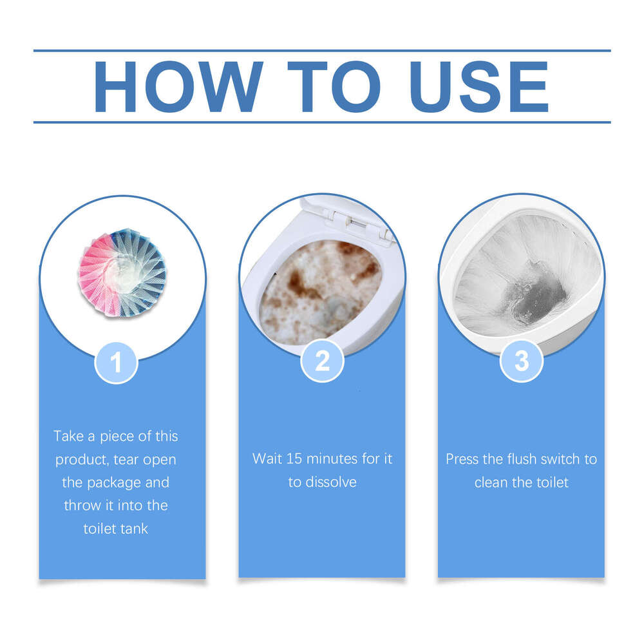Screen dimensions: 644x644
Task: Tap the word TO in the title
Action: click(x=334, y=87)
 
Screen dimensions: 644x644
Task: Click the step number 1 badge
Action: click(x=116, y=362)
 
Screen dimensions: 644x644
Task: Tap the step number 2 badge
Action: click(x=322, y=362)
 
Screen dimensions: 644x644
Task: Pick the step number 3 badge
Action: click(x=522, y=362)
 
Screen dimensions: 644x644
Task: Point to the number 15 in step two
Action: click(x=294, y=459)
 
